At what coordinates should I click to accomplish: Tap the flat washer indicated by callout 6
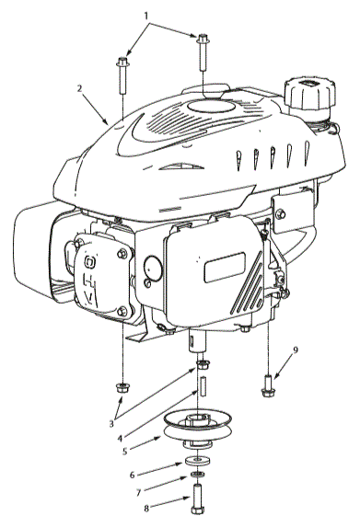coord(196,460)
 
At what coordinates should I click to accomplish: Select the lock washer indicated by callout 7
coord(196,475)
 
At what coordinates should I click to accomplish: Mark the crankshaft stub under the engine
coord(196,350)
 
